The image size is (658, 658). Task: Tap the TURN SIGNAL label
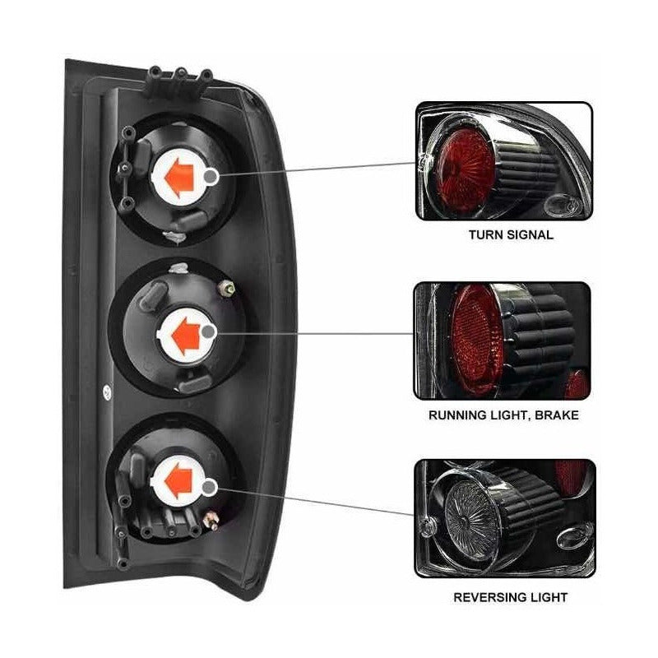[x=511, y=234]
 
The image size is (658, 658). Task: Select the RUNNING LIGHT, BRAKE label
[x=503, y=415]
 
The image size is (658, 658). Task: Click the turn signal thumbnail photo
[x=503, y=160]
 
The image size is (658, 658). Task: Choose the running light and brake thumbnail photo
[x=503, y=340]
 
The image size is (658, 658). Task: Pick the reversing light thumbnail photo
[x=504, y=519]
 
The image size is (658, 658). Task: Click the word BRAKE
[x=558, y=415]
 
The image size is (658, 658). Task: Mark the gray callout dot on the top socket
[x=212, y=175]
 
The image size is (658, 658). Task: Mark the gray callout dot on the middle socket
[x=211, y=331]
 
